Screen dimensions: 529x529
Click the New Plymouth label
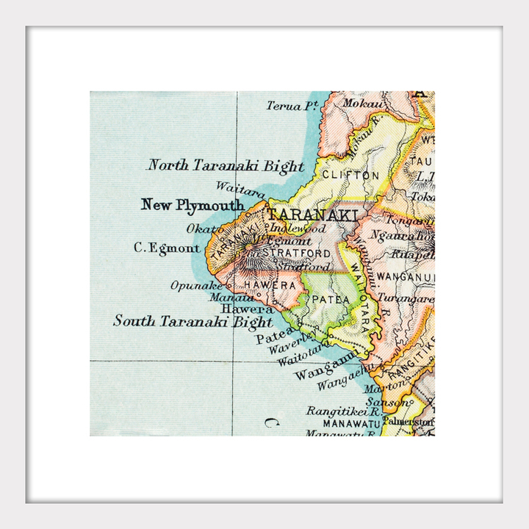click(x=192, y=205)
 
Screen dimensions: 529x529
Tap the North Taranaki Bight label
click(x=226, y=165)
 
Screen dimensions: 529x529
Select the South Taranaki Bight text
click(x=192, y=321)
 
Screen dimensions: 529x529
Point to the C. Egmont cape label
click(x=166, y=248)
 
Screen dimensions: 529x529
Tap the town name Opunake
click(x=195, y=285)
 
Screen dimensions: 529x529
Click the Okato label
click(x=203, y=228)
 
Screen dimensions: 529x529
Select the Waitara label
click(x=240, y=190)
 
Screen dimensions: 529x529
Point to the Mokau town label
click(x=356, y=105)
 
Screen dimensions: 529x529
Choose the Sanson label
click(x=384, y=401)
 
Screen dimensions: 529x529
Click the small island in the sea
click(x=272, y=422)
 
